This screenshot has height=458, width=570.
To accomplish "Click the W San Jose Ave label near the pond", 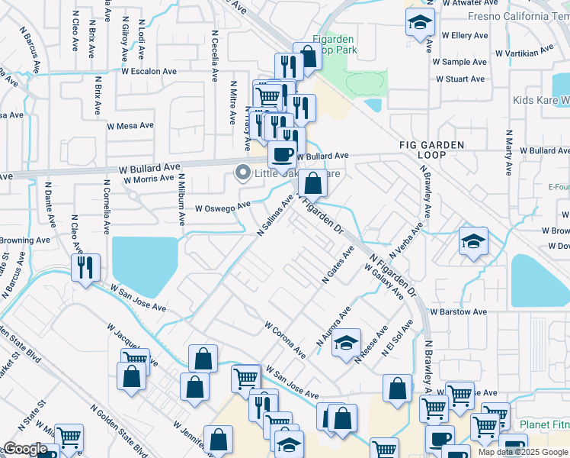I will pos(138,298).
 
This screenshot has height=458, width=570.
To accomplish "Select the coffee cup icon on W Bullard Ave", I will pos(282,155).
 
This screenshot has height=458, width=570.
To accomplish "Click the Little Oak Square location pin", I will pos(243,173).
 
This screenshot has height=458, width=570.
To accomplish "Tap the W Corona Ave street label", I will pos(285,340).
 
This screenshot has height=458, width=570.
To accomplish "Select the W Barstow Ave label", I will pos(458,312).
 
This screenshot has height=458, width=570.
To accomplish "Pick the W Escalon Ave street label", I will pos(149,71).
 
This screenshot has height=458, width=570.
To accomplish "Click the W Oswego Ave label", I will pos(223,207).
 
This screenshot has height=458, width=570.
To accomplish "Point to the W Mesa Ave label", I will pos(130,125).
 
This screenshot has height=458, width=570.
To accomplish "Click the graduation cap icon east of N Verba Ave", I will pos(473,242).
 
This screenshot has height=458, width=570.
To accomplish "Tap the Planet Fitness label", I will pos(544,424).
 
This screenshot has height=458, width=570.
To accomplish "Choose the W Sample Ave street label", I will pos(460,62).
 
